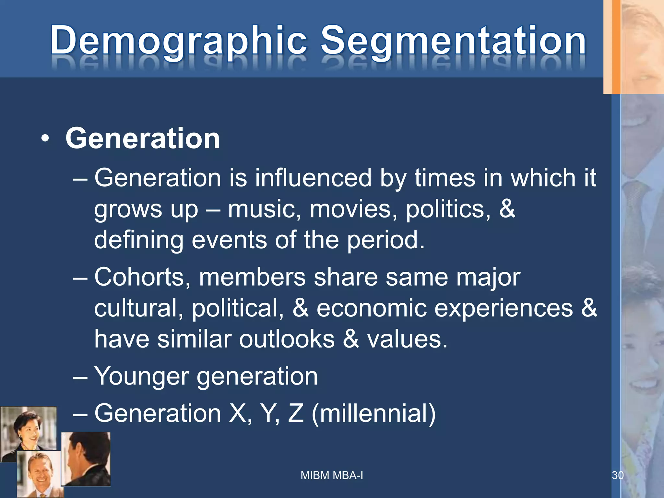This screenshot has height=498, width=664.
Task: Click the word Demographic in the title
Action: click(x=178, y=41)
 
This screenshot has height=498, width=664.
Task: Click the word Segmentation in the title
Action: click(x=453, y=41)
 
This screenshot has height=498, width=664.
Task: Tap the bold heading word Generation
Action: click(x=143, y=138)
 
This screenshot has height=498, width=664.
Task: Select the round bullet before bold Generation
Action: click(x=45, y=139)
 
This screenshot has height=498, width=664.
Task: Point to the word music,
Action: click(x=264, y=209)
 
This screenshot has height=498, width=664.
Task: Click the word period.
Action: click(x=386, y=240)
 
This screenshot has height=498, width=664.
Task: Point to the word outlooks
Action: click(x=287, y=339)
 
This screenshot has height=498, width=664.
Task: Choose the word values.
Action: click(x=407, y=339)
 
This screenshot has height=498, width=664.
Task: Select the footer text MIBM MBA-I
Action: click(x=332, y=475)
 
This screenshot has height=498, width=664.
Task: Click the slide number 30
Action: click(x=617, y=475)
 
